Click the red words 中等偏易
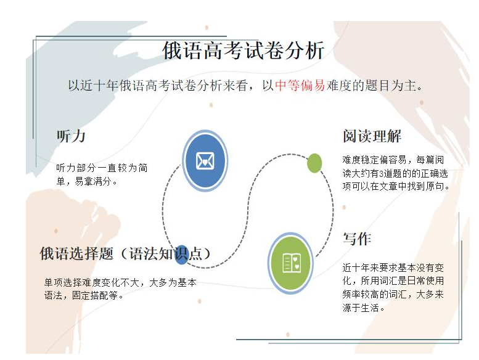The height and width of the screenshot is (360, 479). (300, 86)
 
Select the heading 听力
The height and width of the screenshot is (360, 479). (71, 136)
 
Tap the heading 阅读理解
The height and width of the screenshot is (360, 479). (372, 136)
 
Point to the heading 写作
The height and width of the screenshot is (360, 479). (357, 239)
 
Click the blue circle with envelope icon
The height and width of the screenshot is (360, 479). (205, 160)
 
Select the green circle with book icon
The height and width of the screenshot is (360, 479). (291, 263)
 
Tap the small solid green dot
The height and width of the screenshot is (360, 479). (314, 163)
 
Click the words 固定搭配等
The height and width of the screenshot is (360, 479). (100, 295)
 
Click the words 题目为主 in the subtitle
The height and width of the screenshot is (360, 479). (393, 86)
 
